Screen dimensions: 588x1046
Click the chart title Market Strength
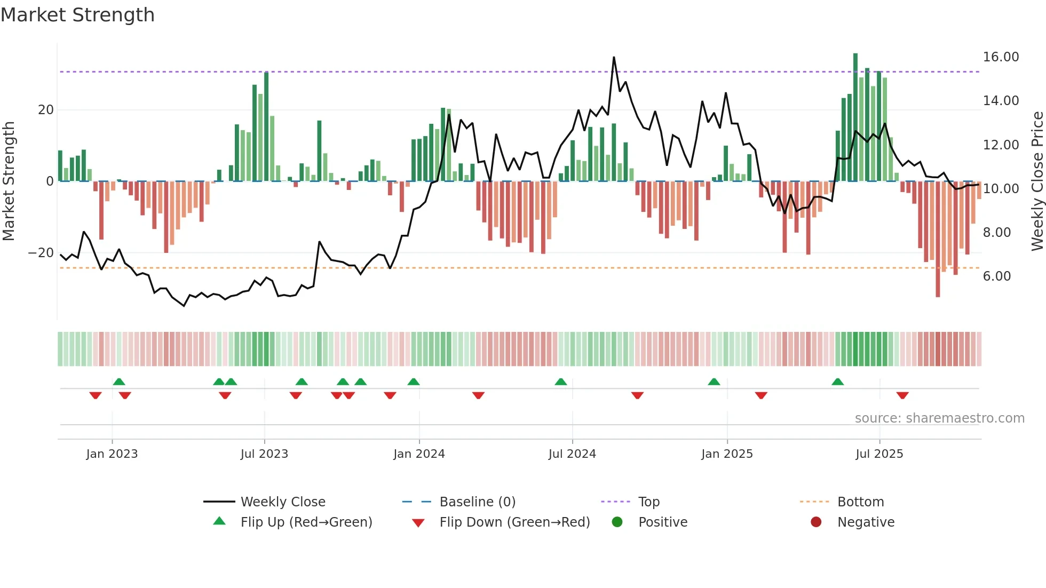[x=77, y=15]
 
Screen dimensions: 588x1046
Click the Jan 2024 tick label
[x=419, y=454]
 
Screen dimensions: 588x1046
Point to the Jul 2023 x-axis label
[x=264, y=454]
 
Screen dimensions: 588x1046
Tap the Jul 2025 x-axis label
[x=879, y=454]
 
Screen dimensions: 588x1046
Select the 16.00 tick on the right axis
[x=1001, y=57]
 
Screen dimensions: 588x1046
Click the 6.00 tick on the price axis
[x=996, y=276]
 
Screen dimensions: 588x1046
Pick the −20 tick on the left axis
[x=41, y=253]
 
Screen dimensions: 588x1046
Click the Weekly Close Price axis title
[x=1037, y=181]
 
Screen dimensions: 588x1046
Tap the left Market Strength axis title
[x=9, y=181]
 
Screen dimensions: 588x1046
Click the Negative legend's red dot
[x=816, y=522]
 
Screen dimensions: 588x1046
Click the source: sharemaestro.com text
[x=939, y=418]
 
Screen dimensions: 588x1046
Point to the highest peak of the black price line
[x=614, y=57]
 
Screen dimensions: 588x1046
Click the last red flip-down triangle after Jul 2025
[x=902, y=395]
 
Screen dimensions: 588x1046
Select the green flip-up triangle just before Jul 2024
[x=560, y=382]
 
